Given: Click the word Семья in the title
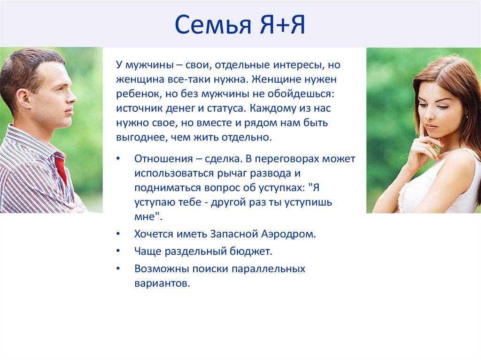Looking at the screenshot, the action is pyautogui.click(x=213, y=24).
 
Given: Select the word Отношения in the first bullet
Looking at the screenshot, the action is pyautogui.click(x=163, y=159).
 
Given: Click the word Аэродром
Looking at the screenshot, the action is pyautogui.click(x=288, y=234).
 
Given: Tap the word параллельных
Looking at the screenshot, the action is pyautogui.click(x=268, y=269).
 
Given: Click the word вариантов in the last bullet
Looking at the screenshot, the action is pyautogui.click(x=162, y=283).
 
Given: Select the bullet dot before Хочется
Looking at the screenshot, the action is pyautogui.click(x=118, y=234).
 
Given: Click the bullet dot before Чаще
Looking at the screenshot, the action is pyautogui.click(x=118, y=251).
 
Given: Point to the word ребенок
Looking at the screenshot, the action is pyautogui.click(x=139, y=93).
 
